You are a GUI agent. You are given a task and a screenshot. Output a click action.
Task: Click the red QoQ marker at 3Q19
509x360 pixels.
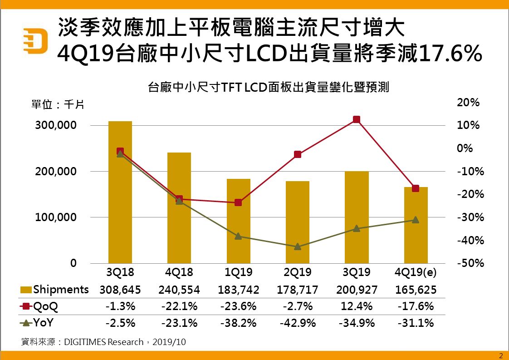[357, 119]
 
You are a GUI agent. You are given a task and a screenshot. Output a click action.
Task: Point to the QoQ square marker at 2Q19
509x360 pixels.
[298, 154]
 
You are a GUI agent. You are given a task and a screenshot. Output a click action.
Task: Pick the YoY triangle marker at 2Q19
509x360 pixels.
[298, 247]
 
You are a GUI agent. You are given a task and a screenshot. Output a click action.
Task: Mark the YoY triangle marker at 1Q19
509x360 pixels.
[239, 236]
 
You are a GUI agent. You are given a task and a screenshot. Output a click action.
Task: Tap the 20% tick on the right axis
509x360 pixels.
[469, 103]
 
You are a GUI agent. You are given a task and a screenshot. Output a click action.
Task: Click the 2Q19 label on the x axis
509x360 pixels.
[297, 272]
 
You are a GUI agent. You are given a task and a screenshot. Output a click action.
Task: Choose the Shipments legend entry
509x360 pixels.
[55, 290]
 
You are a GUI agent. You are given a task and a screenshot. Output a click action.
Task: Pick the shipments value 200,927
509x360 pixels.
[356, 290]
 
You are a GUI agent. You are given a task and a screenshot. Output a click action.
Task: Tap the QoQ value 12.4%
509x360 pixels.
[357, 306]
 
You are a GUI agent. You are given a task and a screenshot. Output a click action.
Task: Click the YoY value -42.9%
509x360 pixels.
[298, 323]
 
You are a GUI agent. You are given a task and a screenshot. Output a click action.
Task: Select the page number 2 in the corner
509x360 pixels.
[501, 355]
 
